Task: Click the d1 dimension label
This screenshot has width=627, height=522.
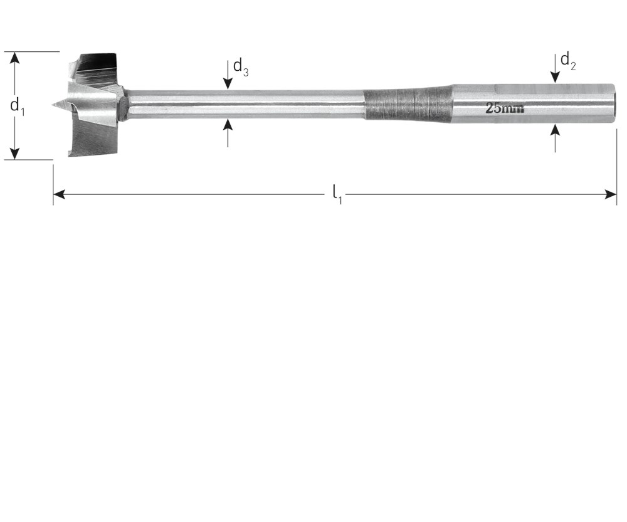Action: coord(17,107)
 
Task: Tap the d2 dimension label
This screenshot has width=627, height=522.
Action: coord(568,61)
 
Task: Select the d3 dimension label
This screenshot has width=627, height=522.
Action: coord(241,66)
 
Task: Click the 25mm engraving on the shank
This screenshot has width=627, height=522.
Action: coord(504,108)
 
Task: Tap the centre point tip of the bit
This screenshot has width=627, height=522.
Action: coord(53,105)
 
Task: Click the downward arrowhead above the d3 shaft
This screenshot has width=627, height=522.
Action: coord(228,83)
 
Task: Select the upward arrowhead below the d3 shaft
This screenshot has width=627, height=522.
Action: coord(228,125)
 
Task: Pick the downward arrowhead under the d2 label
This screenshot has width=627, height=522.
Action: coord(555,77)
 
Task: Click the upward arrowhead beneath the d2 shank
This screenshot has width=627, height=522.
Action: coord(555,130)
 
